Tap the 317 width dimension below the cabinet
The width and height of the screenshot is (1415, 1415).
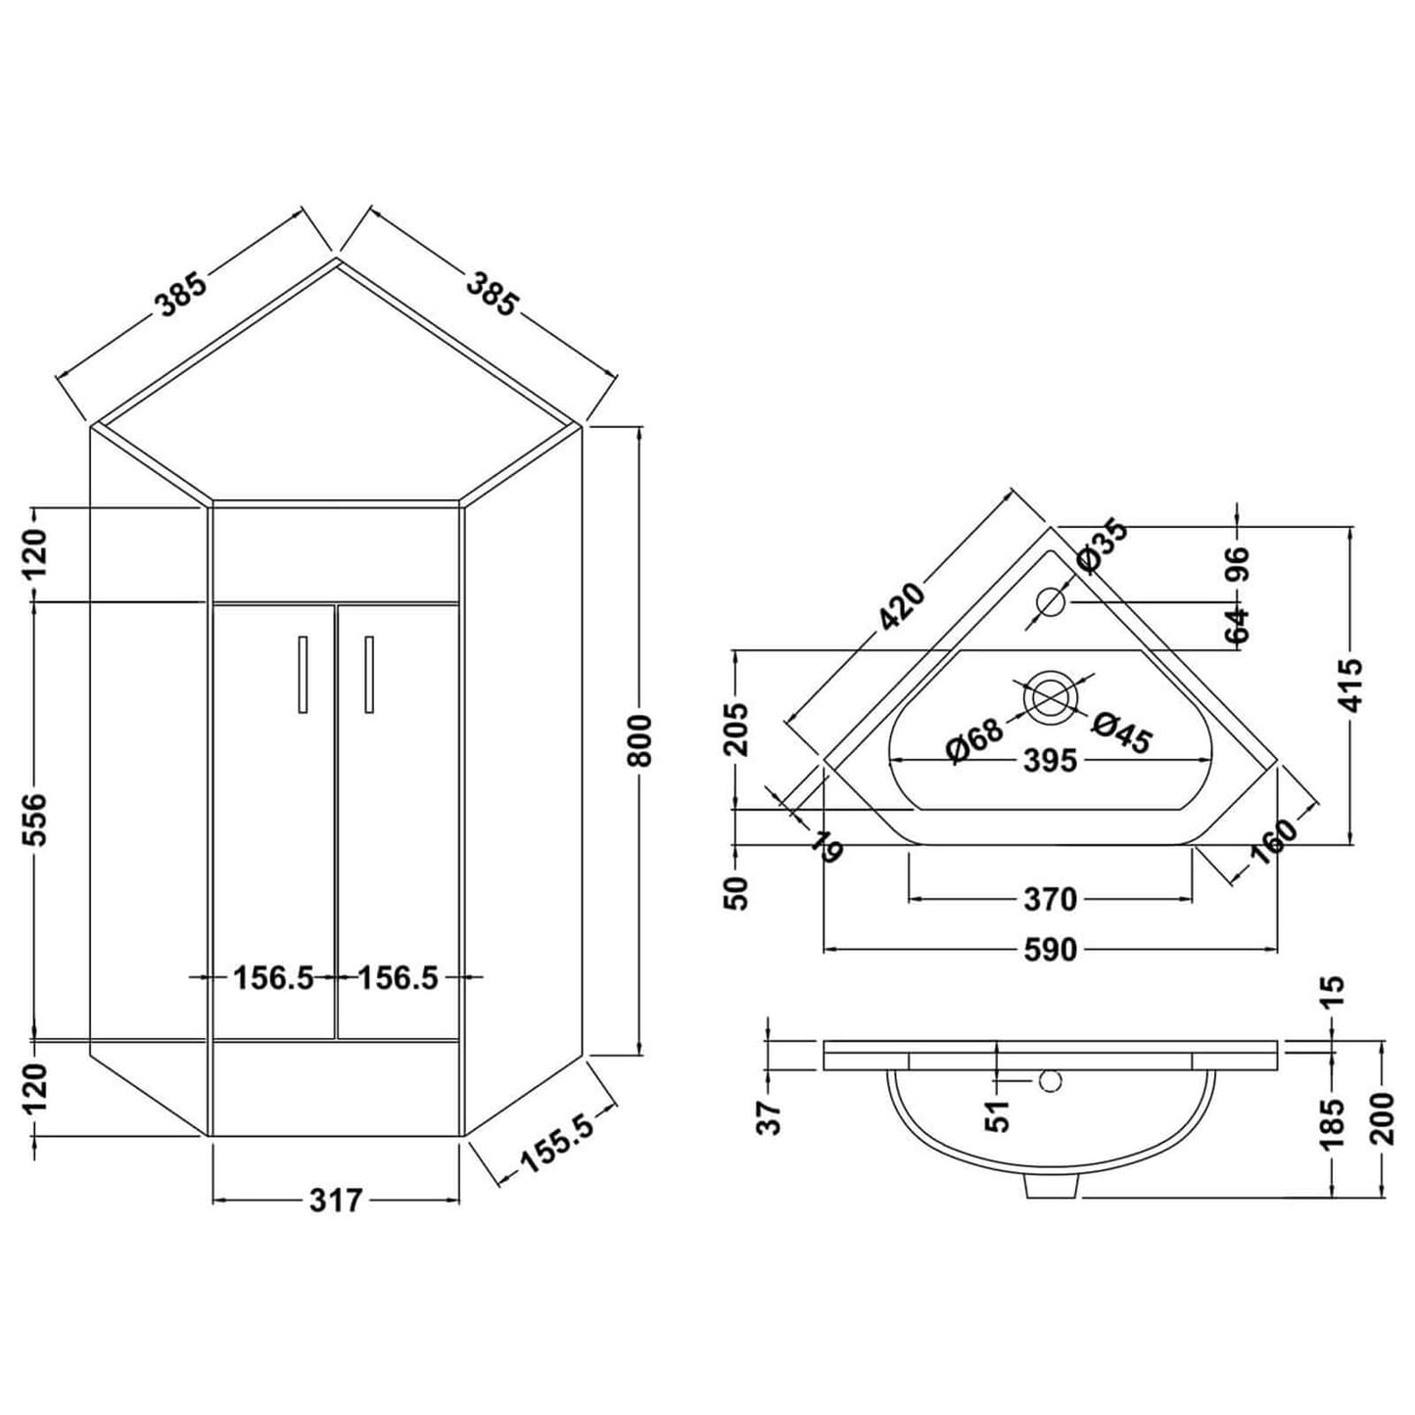[336, 1200]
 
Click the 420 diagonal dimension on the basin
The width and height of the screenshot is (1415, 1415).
[902, 606]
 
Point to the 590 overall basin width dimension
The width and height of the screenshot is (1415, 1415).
[1050, 949]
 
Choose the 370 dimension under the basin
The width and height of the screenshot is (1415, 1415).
[1050, 898]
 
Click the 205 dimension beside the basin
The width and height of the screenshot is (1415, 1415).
[738, 729]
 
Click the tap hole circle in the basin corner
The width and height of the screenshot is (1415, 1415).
[1050, 600]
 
